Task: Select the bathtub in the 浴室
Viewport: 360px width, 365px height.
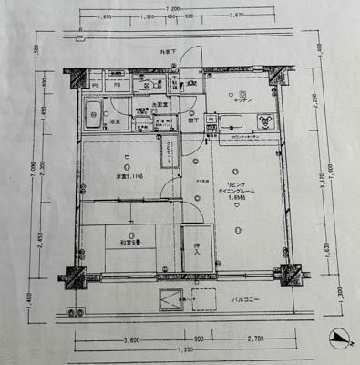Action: [95, 118]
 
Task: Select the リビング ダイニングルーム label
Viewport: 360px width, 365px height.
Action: [240, 190]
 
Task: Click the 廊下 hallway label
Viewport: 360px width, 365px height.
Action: [194, 120]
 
